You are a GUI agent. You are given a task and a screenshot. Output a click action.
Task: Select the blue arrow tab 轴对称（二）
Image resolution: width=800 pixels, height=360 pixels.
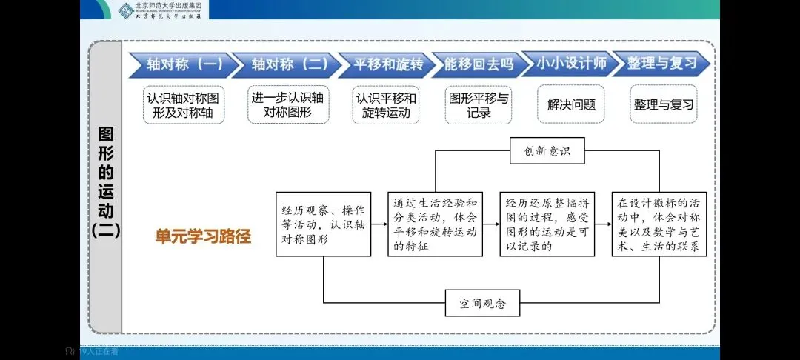click(x=285, y=65)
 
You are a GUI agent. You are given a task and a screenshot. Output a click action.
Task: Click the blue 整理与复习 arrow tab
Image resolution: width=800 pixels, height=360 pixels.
click(x=661, y=64)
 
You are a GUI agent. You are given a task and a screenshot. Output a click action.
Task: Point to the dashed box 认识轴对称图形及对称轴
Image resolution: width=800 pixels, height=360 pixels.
click(x=184, y=105)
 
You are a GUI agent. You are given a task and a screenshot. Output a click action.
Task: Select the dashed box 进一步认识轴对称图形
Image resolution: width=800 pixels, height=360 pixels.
click(x=287, y=105)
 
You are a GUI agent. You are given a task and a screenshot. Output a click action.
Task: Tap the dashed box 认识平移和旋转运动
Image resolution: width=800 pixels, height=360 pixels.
click(x=385, y=105)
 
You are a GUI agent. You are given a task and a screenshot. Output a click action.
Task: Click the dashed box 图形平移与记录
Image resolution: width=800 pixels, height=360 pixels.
click(x=479, y=105)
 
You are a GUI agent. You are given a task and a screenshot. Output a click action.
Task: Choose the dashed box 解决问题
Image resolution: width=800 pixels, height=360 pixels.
click(x=571, y=105)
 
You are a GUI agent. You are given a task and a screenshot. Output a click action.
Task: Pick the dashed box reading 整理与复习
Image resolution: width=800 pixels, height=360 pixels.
click(x=663, y=105)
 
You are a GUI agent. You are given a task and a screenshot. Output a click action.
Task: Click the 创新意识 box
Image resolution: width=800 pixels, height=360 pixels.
click(x=547, y=151)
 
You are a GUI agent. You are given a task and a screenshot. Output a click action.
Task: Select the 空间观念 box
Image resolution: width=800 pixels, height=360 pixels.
click(x=482, y=303)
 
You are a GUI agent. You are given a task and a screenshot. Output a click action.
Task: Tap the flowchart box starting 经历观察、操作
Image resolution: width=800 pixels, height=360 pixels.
click(x=323, y=224)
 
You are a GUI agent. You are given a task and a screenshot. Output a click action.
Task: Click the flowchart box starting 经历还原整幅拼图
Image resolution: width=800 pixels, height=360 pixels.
click(x=547, y=224)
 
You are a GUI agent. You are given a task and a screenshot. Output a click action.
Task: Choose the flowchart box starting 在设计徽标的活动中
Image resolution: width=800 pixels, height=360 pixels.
click(x=659, y=224)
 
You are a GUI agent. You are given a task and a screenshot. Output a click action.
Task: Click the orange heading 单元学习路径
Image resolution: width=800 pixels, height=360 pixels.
click(x=202, y=237)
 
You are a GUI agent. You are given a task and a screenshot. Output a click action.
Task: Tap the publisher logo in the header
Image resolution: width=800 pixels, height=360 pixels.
click(x=162, y=10)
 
